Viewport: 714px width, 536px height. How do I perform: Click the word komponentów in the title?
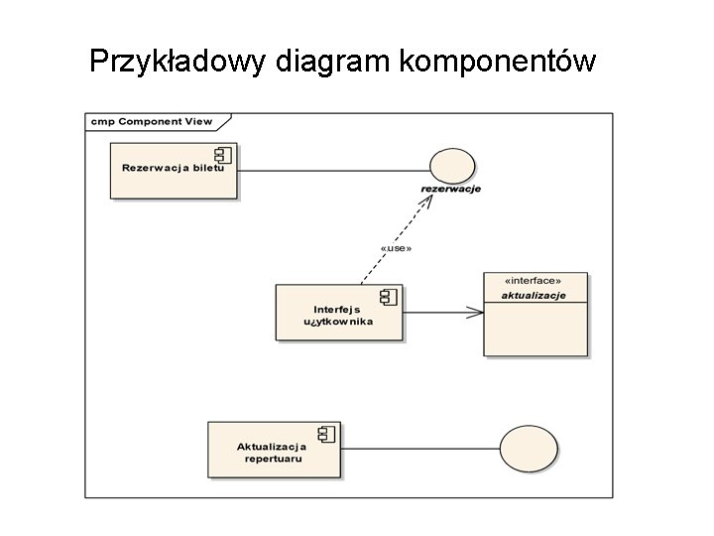tap(498, 62)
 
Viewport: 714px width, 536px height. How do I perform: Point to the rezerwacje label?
tap(451, 190)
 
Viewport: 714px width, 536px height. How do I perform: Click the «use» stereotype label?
tap(396, 247)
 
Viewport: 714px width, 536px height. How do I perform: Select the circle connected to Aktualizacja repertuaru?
tap(526, 448)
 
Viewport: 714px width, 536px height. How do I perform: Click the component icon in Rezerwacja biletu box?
tap(222, 154)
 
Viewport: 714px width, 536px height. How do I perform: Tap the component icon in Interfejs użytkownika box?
tap(388, 296)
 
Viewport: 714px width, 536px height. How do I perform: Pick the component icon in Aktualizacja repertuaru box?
tap(325, 433)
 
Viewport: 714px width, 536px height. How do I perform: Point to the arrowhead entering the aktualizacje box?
tap(476, 312)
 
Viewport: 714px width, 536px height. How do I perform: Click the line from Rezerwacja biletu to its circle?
tap(332, 171)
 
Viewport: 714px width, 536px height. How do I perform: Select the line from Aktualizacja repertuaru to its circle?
tap(420, 449)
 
